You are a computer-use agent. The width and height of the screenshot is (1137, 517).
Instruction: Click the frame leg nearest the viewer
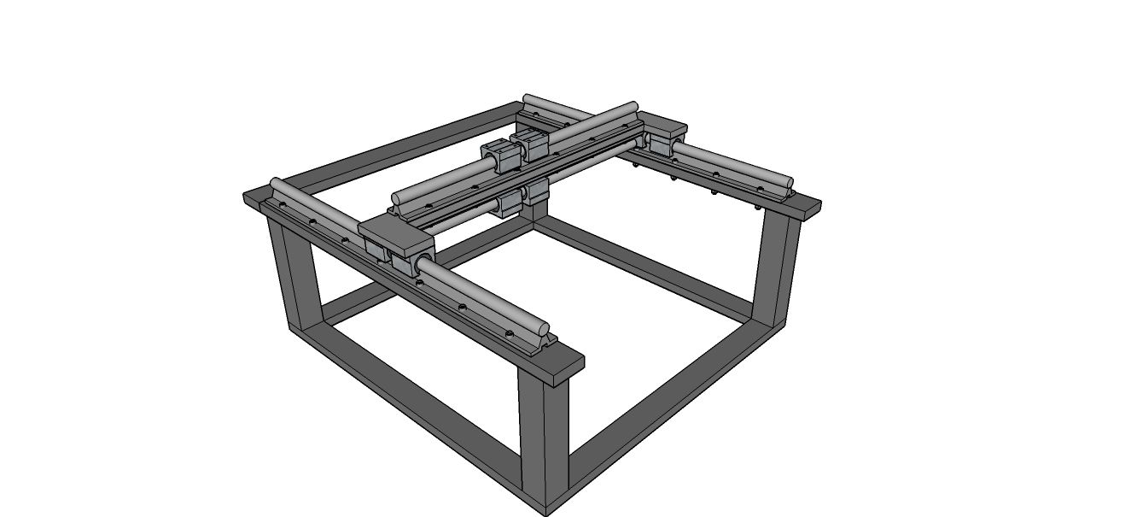544,436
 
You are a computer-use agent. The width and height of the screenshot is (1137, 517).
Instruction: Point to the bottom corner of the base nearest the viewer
545,510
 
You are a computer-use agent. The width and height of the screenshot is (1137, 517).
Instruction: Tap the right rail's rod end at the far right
786,183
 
